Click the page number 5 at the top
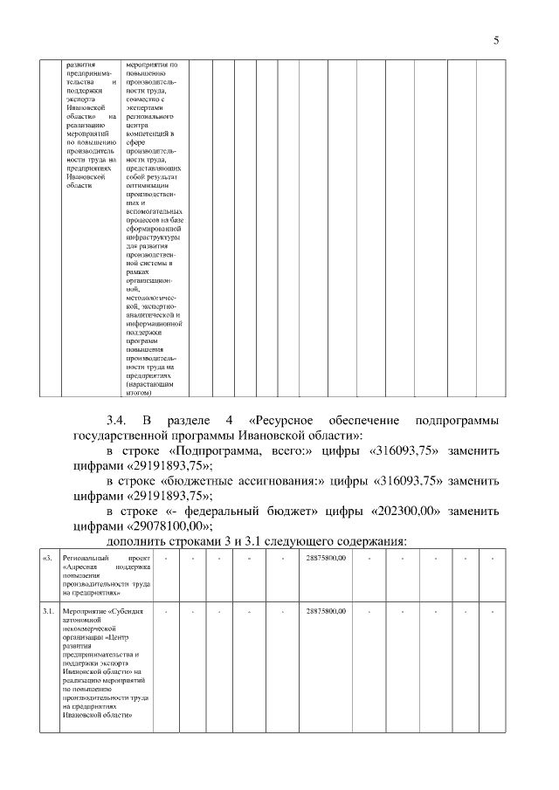point(496,39)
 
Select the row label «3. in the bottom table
point(49,558)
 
